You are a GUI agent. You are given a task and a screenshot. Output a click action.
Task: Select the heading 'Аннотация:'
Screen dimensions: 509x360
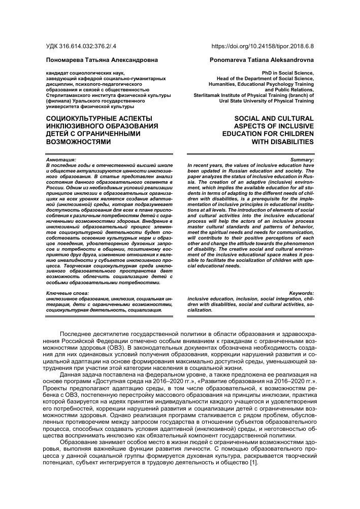coord(60,160)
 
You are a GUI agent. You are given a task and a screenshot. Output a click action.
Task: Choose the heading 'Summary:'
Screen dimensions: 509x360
coord(302,160)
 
